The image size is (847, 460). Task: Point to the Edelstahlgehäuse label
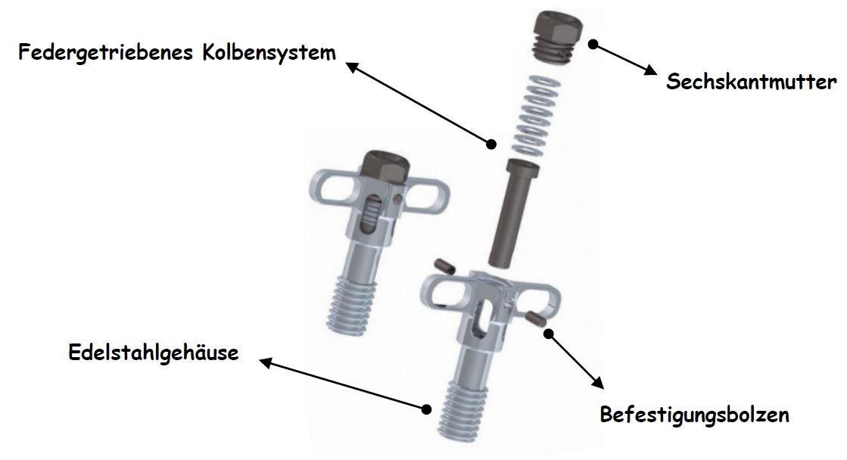(x=153, y=353)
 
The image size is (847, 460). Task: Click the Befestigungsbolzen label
(x=694, y=415)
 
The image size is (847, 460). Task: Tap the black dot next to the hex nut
(x=593, y=45)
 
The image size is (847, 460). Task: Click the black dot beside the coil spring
(x=492, y=143)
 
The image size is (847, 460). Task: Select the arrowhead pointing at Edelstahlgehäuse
(x=266, y=363)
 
